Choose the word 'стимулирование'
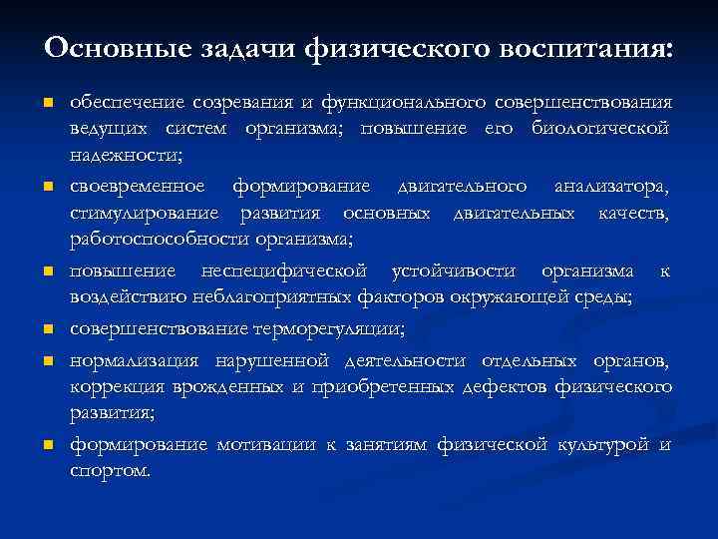click(x=142, y=214)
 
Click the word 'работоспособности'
click(x=160, y=241)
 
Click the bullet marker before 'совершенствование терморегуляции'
click(x=47, y=329)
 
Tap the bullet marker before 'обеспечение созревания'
click(x=47, y=104)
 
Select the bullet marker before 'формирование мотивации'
click(x=47, y=444)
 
